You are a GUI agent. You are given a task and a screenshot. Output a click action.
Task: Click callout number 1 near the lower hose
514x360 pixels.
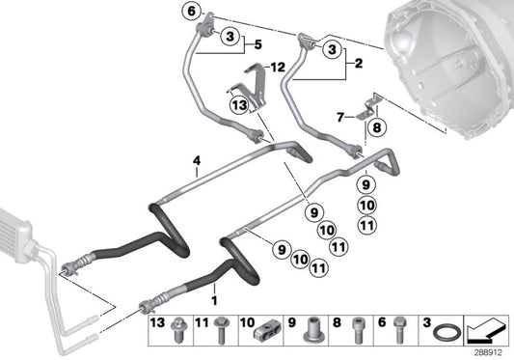pyautogui.click(x=214, y=288)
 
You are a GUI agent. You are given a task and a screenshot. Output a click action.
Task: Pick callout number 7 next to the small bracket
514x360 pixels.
pyautogui.click(x=340, y=116)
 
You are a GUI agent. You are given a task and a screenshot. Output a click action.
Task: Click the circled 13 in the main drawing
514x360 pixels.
pyautogui.click(x=238, y=104)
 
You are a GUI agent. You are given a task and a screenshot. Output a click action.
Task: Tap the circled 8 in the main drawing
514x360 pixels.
pyautogui.click(x=377, y=125)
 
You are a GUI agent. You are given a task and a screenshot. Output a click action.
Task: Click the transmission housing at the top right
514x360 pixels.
pyautogui.click(x=453, y=48)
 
